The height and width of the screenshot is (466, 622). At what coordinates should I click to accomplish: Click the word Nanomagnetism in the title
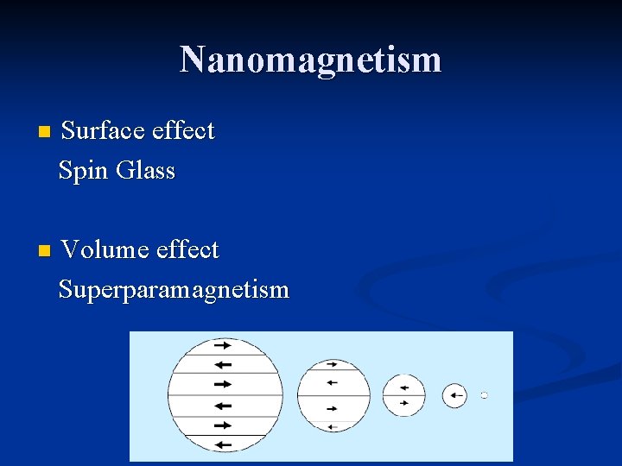310,60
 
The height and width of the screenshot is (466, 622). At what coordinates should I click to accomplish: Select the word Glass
145,171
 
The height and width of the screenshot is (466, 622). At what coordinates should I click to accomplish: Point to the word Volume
105,250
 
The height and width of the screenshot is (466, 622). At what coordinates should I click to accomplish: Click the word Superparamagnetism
174,290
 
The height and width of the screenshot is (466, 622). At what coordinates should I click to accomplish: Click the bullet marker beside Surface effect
45,133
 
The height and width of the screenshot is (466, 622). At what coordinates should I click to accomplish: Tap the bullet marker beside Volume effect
45,252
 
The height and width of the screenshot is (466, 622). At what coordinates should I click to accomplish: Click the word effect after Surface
183,131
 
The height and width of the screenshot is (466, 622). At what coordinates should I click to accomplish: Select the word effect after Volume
187,250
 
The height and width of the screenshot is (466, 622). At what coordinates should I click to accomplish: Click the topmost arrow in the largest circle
222,343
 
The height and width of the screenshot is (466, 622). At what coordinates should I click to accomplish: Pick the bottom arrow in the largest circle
222,444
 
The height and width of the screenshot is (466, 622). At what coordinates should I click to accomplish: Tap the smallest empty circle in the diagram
485,395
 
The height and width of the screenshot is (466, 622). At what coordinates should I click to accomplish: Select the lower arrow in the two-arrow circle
403,402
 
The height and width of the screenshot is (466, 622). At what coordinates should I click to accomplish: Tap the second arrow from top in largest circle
222,364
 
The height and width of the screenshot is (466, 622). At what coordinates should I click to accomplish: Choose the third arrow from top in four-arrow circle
332,407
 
